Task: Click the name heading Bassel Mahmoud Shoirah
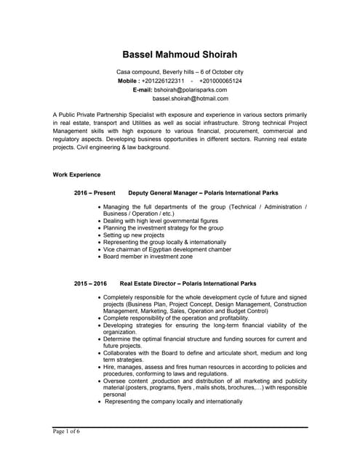[x=180, y=54]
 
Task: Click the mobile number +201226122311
[x=163, y=81]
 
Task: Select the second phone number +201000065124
[x=220, y=81]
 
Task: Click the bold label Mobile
[x=128, y=81]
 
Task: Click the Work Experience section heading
[x=76, y=175]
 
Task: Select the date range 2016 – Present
[x=95, y=193]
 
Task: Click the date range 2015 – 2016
[x=90, y=283]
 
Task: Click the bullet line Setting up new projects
[x=134, y=235]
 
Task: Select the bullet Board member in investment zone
[x=148, y=256]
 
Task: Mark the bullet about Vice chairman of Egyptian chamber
[x=167, y=249]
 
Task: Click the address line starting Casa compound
[x=180, y=73]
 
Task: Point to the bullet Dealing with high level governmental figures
[x=160, y=221]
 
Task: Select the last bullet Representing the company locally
[x=174, y=401]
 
